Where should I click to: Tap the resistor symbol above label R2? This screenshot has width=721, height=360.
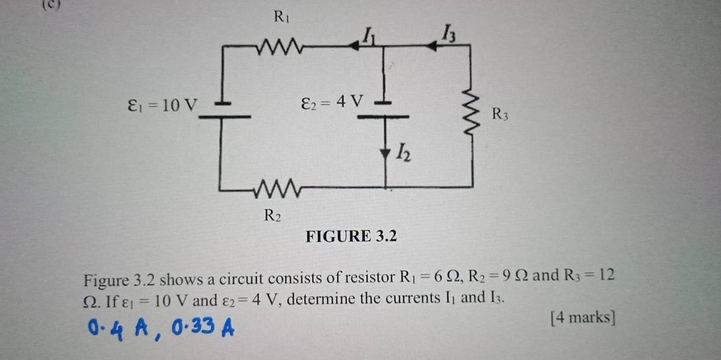coord(278,189)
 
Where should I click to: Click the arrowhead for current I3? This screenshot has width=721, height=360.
coord(431,46)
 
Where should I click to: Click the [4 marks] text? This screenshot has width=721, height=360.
coord(582,317)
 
